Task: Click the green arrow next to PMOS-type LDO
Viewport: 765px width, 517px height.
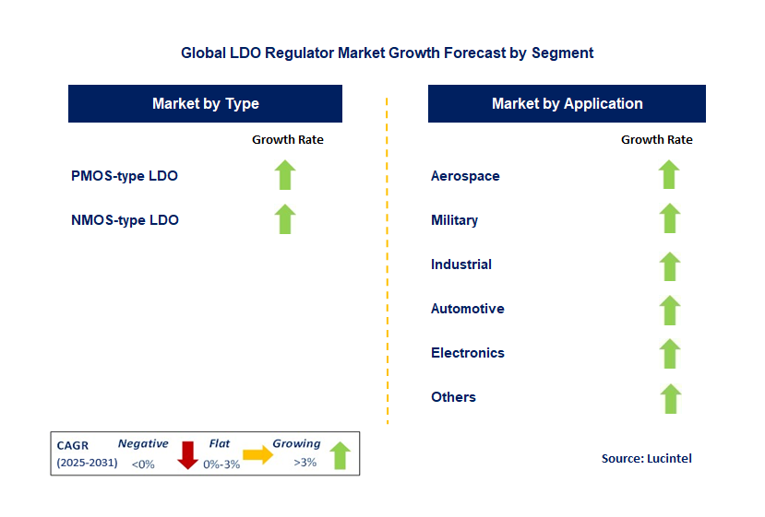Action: pos(285,174)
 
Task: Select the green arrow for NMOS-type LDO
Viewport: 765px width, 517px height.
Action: pos(285,218)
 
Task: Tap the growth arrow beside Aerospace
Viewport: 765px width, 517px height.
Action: pos(669,174)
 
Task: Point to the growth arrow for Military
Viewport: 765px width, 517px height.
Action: pos(669,218)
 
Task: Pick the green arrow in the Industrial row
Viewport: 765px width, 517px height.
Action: pos(669,266)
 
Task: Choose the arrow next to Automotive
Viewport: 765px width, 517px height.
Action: pos(669,311)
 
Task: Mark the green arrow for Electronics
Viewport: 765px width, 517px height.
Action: pos(669,354)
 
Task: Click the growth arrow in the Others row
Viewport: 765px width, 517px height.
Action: pos(670,399)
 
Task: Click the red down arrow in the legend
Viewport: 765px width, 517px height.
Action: pos(187,455)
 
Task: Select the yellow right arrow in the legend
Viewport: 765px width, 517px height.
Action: pos(258,454)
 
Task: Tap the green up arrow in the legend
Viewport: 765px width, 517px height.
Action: pos(341,455)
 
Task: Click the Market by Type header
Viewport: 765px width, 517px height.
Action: pos(206,104)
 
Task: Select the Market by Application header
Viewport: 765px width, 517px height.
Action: pos(567,104)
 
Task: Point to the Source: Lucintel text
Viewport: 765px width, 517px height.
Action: pos(647,459)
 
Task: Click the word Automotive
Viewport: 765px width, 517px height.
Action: pos(467,309)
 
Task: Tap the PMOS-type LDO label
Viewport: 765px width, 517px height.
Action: pos(125,176)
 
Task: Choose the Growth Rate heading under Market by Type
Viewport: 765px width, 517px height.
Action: pos(287,140)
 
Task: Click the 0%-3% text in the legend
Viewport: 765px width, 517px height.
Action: pos(221,464)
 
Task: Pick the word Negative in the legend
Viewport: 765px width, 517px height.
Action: pos(143,443)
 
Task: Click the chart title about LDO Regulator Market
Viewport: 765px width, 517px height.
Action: pos(388,53)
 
